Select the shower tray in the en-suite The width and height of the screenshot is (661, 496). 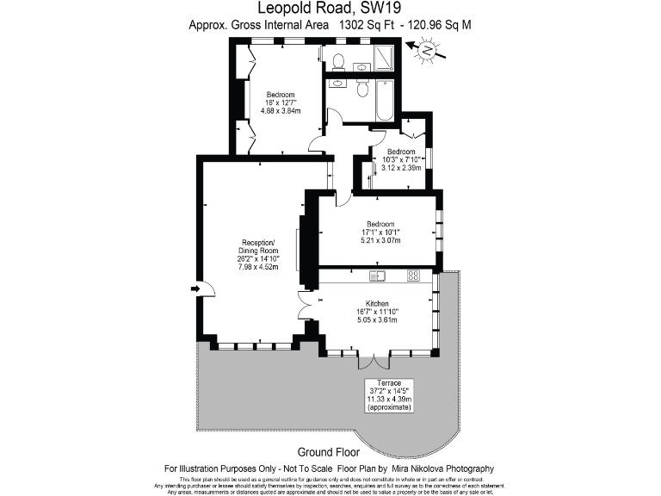(383, 59)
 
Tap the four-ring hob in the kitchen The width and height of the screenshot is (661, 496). (413, 276)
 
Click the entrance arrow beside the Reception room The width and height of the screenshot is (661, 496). (195, 288)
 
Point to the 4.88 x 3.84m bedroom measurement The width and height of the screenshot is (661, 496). (281, 111)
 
